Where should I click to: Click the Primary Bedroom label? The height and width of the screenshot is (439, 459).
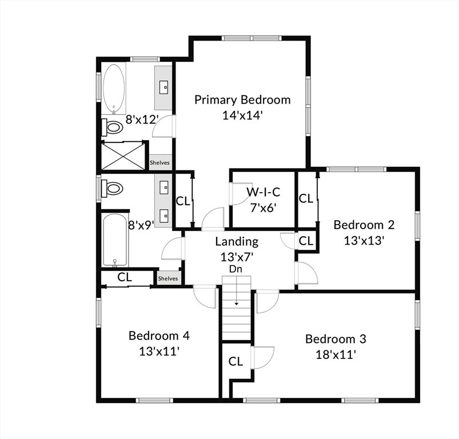coord(242,100)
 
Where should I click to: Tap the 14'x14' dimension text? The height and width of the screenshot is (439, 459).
coord(241,115)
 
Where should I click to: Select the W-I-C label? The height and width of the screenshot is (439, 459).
coord(263,192)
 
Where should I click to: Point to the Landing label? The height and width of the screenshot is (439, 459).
coord(237,242)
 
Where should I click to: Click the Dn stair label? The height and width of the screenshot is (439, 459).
coord(236,269)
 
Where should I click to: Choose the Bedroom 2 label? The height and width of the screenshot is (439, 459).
coord(364,225)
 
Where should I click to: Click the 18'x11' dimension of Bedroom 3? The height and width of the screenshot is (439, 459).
coord(336,355)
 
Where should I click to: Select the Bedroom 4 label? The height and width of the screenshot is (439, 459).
coord(159,336)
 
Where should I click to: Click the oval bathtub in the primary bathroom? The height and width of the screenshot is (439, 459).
coord(114,89)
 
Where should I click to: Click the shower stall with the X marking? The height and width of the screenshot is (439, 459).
coord(123,155)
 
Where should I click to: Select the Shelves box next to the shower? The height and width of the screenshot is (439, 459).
coord(160,162)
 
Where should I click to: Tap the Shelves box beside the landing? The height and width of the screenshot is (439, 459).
coord(168,278)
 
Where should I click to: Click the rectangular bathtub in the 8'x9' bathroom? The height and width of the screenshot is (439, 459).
coord(115,240)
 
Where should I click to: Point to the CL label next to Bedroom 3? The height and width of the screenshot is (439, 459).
coord(236,361)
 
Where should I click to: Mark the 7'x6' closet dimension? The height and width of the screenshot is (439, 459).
coord(264,208)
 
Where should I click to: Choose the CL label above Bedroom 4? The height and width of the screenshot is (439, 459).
coord(125,277)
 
